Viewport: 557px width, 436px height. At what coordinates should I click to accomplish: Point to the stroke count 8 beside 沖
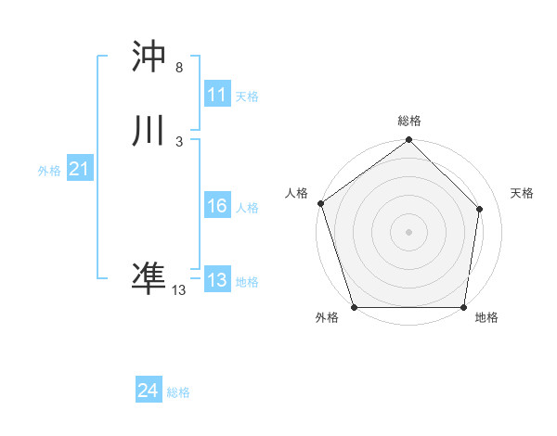tap(178, 68)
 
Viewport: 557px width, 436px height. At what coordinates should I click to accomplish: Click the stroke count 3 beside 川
tap(178, 141)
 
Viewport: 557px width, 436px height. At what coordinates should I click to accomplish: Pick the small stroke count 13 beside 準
tap(178, 289)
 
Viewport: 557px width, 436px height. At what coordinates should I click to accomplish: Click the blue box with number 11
tap(217, 95)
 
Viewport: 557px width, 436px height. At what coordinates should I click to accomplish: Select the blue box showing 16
tap(217, 207)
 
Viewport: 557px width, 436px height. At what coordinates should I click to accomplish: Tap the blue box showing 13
tap(217, 281)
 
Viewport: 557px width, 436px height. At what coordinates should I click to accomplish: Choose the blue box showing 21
tap(79, 170)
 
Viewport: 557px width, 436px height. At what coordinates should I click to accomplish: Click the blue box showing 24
tap(149, 391)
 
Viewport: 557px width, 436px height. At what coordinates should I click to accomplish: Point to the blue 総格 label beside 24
tap(178, 392)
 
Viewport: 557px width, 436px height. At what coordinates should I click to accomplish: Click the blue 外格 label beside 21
tap(49, 171)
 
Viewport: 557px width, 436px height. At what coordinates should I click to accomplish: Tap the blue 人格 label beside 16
tap(247, 208)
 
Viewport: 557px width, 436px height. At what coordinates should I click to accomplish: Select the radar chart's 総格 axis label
tap(409, 121)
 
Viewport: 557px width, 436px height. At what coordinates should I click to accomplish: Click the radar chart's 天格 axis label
tap(522, 193)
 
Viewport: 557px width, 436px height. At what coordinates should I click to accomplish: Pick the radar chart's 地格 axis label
tap(486, 317)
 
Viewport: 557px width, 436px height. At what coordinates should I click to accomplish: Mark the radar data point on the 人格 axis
tap(320, 203)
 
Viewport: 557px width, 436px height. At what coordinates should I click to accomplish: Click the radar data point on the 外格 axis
tap(354, 307)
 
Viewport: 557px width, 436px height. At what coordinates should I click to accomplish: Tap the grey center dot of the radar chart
tap(409, 231)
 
